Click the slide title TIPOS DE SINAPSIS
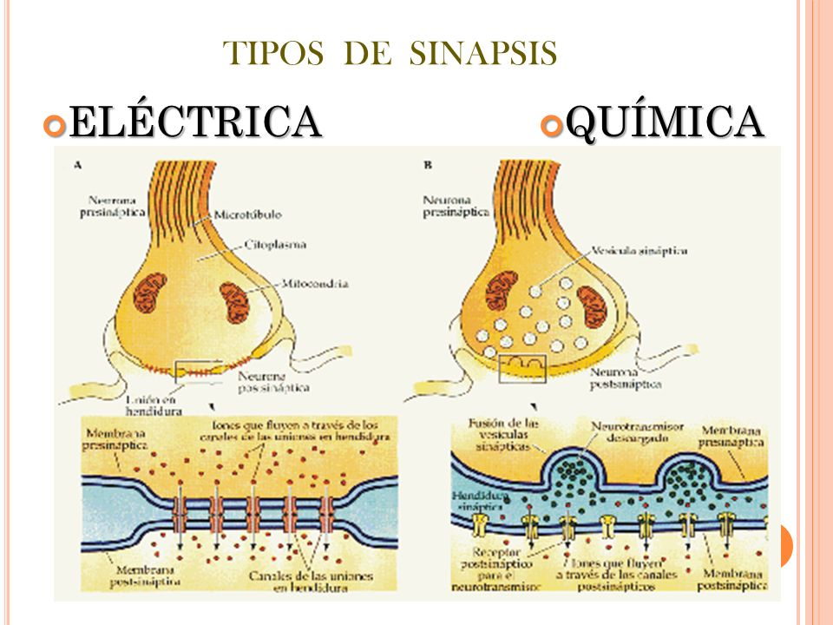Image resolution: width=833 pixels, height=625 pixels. point(390,54)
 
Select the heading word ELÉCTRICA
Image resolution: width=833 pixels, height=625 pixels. point(195,122)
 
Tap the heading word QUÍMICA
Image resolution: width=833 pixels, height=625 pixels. point(667,122)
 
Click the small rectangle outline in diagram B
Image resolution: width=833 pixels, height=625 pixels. point(522,369)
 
